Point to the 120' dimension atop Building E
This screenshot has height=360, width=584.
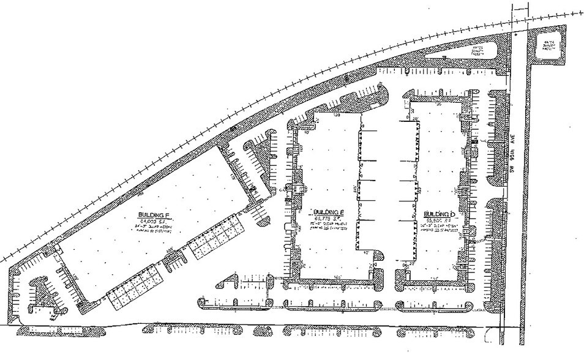tap(336, 114)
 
